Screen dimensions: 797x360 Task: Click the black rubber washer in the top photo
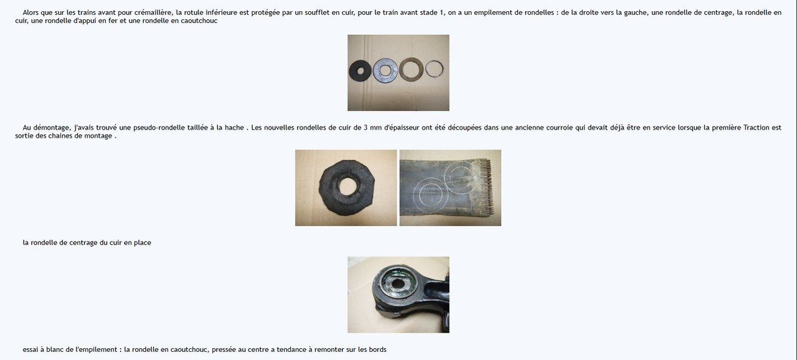(x=355, y=71)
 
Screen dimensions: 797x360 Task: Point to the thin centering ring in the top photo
(x=427, y=69)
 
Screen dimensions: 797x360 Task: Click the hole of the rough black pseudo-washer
(x=347, y=187)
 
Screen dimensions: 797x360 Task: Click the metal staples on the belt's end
(x=486, y=187)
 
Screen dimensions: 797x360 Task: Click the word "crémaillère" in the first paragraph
(x=154, y=12)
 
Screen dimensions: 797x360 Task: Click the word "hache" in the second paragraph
(x=235, y=127)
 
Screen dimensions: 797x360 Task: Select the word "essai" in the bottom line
(x=31, y=349)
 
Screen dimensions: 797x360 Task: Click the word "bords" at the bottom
(x=377, y=349)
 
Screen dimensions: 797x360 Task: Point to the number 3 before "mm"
(x=365, y=127)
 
